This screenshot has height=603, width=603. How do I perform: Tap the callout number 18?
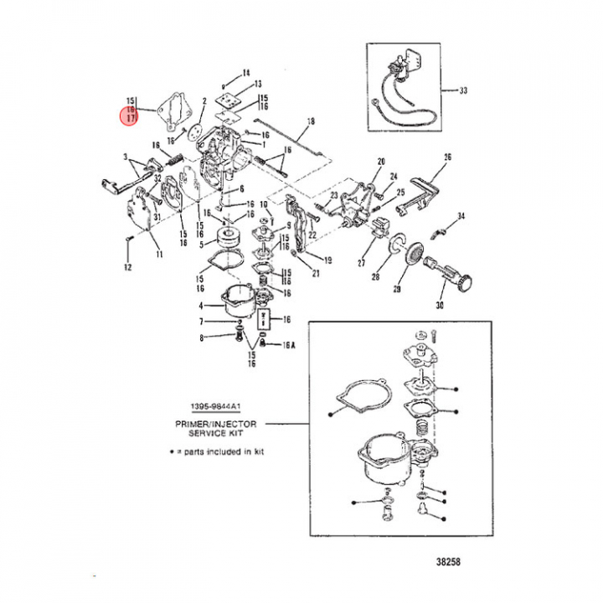311,122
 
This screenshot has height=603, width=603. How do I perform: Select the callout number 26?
447,157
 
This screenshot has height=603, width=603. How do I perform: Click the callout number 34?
461,217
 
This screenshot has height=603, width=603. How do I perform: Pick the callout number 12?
128,268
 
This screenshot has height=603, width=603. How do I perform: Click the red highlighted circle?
131,111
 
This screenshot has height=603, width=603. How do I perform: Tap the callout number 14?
246,72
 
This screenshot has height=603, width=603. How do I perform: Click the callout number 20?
380,160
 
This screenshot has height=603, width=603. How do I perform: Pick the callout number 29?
397,289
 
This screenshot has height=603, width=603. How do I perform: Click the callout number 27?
362,263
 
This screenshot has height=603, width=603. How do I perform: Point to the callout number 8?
201,338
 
